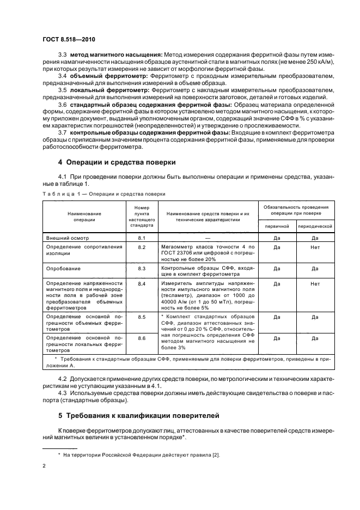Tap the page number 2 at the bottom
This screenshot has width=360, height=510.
coord(44,465)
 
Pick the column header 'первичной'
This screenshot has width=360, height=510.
coord(277,226)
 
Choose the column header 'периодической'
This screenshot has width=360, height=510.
coord(315,226)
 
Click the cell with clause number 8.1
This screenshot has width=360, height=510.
coord(142,238)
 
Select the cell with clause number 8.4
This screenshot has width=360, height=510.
coord(142,284)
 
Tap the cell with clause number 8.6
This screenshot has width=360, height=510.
coord(142,338)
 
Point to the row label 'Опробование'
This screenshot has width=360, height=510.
coord(64,269)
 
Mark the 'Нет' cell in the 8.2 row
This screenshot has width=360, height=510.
coord(315,247)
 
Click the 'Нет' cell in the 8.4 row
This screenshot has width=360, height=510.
coord(315,284)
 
